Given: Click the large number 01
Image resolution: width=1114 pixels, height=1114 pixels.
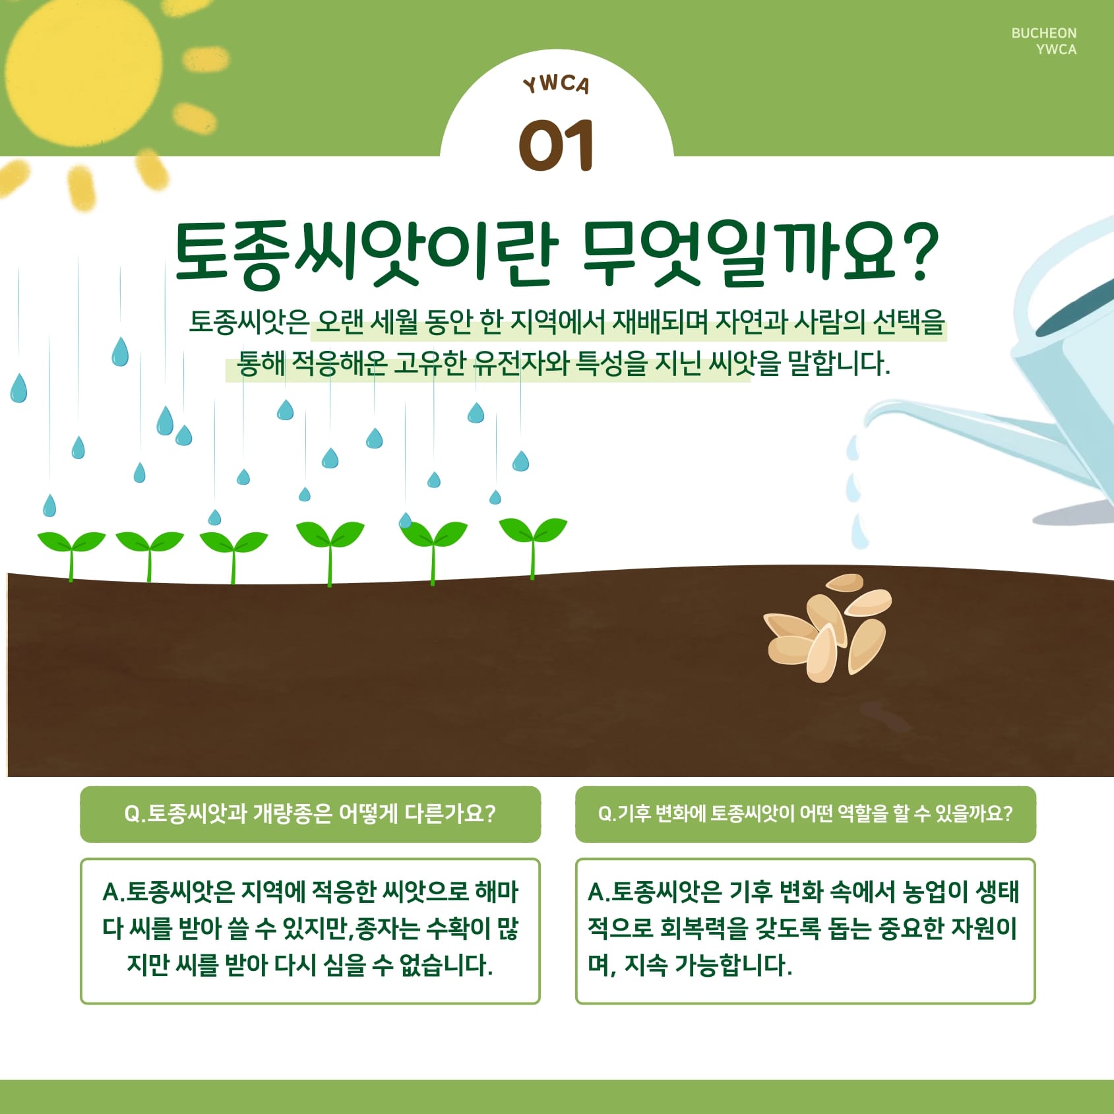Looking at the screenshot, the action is click(x=556, y=146).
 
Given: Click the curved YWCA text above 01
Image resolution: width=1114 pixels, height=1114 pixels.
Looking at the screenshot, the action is click(x=556, y=84).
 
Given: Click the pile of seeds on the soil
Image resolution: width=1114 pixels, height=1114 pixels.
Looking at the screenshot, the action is click(x=827, y=627).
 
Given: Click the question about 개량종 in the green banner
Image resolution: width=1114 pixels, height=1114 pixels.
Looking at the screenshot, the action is click(x=310, y=814).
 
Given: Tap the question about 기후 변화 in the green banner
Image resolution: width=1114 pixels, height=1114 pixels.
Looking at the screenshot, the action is click(x=805, y=814).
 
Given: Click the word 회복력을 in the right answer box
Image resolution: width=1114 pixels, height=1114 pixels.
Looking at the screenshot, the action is click(x=704, y=929).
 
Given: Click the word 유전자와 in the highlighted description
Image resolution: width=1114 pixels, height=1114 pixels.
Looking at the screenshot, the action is click(x=522, y=363).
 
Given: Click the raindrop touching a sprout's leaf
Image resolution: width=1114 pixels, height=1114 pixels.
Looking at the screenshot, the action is click(x=406, y=520).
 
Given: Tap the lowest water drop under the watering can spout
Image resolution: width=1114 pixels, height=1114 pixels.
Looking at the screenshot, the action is click(x=859, y=532).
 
